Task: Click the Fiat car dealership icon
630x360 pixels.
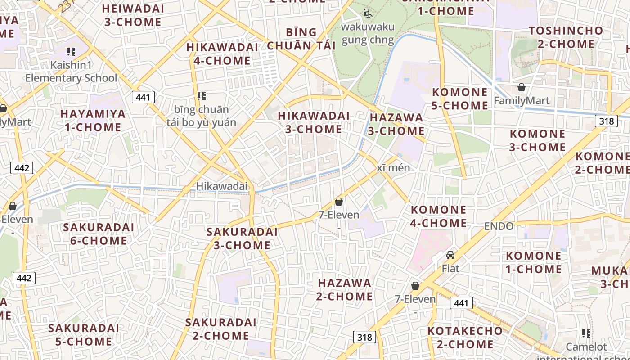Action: [x=450, y=255]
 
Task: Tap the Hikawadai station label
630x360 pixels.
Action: [x=222, y=186]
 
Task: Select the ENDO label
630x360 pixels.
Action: [x=499, y=226]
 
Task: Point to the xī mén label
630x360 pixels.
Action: [x=393, y=168]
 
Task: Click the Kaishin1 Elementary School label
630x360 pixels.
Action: [x=71, y=72]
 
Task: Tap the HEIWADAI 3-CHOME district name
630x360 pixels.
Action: [x=133, y=15]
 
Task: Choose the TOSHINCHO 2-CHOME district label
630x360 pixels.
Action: [x=566, y=37]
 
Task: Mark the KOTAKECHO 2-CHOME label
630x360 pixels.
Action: [x=465, y=337]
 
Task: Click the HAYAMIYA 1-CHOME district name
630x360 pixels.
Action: [x=93, y=121]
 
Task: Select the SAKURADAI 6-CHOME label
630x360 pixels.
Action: [x=99, y=234]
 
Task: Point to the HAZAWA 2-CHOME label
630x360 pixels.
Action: [x=345, y=290]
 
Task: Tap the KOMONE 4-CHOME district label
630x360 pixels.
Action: [x=439, y=216]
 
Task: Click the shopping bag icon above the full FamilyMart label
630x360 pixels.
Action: [x=522, y=87]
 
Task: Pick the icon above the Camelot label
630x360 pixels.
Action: [x=586, y=333]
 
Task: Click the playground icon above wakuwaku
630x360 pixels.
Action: [x=368, y=13]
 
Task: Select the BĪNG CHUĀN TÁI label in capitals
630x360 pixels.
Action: [x=301, y=39]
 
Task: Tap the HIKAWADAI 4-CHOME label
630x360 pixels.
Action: [x=222, y=54]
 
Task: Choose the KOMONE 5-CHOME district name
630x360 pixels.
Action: [x=460, y=99]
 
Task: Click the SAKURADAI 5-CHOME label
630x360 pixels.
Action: [x=84, y=335]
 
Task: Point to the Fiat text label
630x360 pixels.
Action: [x=450, y=269]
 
